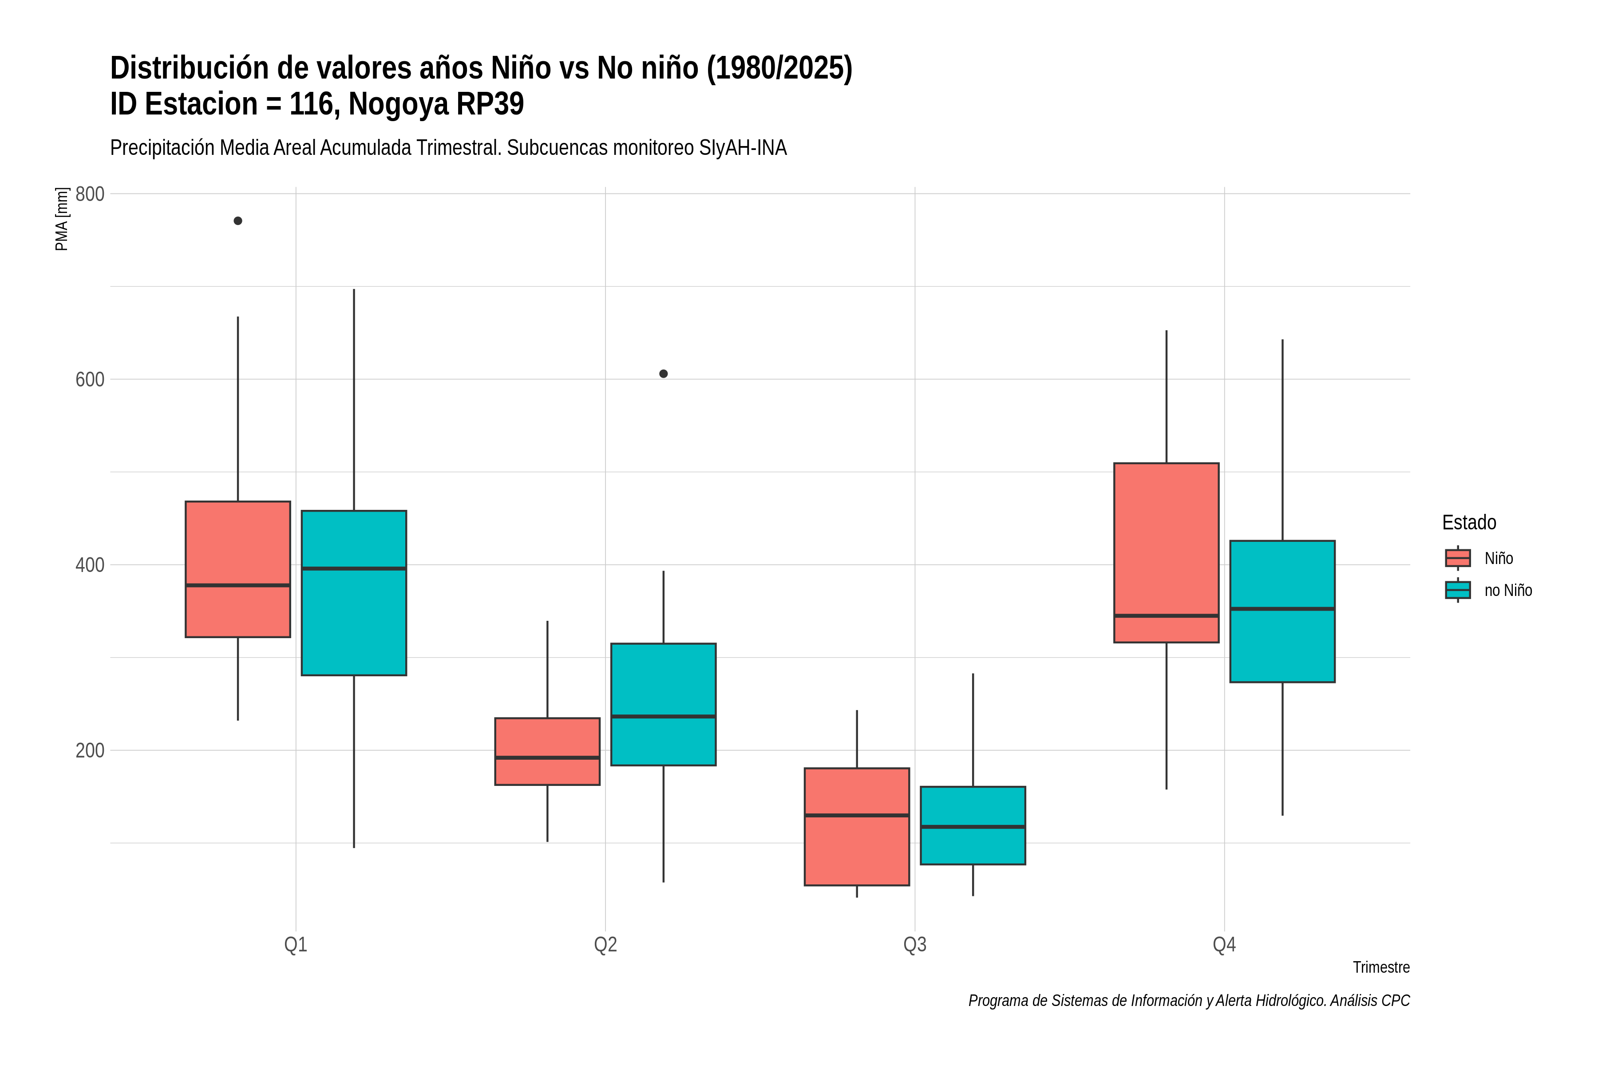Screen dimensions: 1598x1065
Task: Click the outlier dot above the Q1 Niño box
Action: pos(238,221)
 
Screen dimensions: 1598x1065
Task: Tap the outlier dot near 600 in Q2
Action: pos(664,374)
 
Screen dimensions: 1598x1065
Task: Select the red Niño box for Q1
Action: pos(238,569)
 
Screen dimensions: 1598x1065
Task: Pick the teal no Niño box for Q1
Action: pos(354,593)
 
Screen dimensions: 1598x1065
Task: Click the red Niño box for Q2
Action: pos(548,751)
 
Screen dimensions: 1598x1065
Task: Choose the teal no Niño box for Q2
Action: pos(664,704)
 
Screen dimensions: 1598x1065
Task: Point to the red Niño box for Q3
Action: pos(857,827)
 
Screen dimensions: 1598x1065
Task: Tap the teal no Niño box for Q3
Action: pos(973,825)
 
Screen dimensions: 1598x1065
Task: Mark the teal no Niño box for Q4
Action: pos(1283,611)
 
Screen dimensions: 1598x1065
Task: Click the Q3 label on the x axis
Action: pos(915,945)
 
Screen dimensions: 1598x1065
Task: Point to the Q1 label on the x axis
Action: pos(296,945)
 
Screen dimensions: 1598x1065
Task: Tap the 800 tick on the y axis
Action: pos(90,194)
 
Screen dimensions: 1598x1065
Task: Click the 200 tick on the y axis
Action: pos(90,750)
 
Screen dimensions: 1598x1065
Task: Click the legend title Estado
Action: pos(1469,522)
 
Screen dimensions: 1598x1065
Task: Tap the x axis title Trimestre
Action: pos(1381,967)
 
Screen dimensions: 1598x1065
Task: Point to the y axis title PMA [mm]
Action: pos(62,219)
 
